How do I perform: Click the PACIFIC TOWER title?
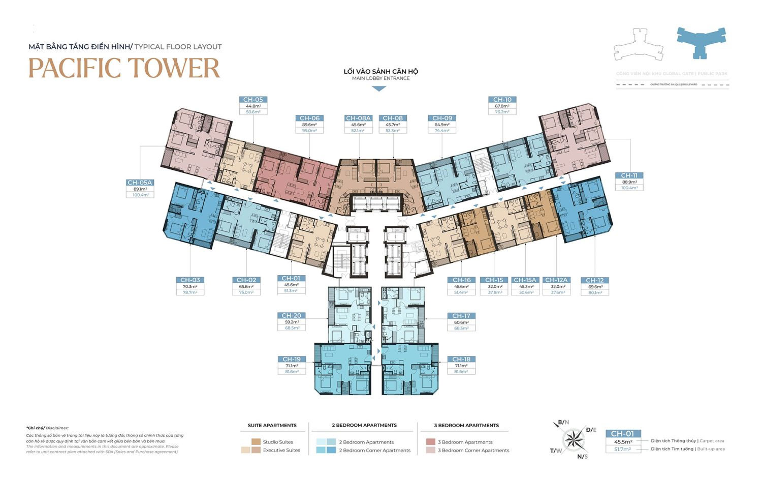pyautogui.click(x=124, y=68)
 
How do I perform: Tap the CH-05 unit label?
pyautogui.click(x=253, y=100)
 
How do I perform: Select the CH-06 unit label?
pyautogui.click(x=309, y=118)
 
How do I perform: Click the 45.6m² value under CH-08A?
pyautogui.click(x=359, y=125)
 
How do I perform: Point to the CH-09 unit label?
pyautogui.click(x=442, y=118)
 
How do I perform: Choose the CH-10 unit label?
pyautogui.click(x=502, y=100)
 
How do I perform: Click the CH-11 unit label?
pyautogui.click(x=629, y=175)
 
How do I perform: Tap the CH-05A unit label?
pyautogui.click(x=140, y=183)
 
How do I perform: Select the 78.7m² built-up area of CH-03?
pyautogui.click(x=190, y=292)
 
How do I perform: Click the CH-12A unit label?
pyautogui.click(x=556, y=280)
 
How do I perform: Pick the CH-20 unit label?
pyautogui.click(x=292, y=316)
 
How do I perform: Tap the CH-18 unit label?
pyautogui.click(x=461, y=359)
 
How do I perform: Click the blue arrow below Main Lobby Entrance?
pyautogui.click(x=379, y=88)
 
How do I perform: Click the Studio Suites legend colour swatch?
pyautogui.click(x=256, y=442)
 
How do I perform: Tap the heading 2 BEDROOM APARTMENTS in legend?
pyautogui.click(x=364, y=425)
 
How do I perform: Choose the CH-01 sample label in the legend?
pyautogui.click(x=622, y=434)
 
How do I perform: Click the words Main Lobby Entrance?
pyautogui.click(x=380, y=78)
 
